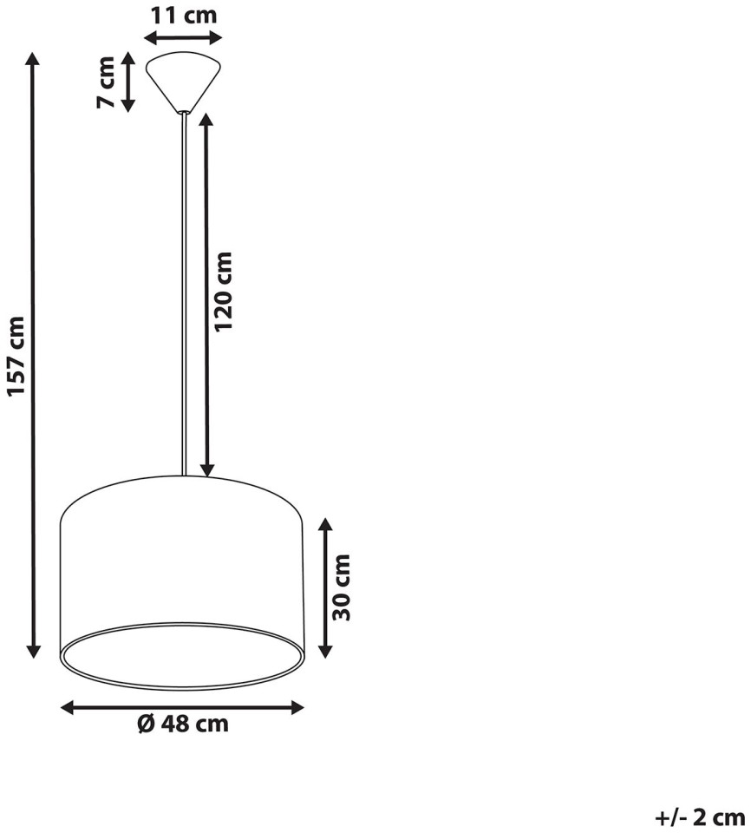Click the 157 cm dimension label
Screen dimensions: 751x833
point(17,356)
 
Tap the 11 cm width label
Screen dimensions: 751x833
point(185,15)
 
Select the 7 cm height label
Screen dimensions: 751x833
point(106,82)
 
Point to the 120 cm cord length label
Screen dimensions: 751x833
point(224,292)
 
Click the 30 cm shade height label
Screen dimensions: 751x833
point(341,587)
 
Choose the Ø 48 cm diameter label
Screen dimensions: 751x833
point(183,723)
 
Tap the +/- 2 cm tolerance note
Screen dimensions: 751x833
point(700,817)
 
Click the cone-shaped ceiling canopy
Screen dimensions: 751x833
point(183,82)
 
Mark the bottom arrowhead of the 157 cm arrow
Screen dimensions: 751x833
point(34,650)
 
